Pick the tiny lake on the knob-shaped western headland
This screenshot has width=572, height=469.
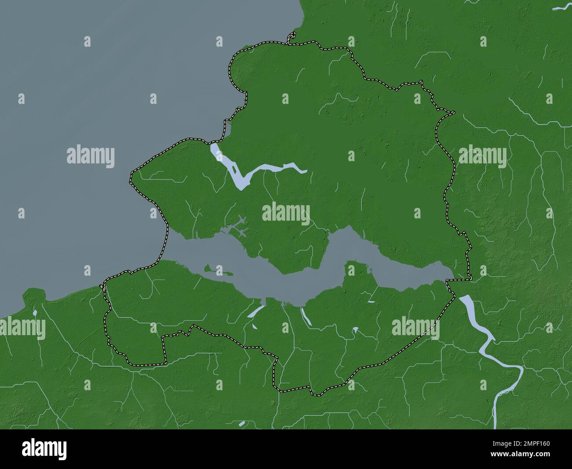tap(34, 313)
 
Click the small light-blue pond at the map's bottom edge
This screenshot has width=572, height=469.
tap(242, 424)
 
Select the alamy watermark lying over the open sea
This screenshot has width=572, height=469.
tap(91, 157)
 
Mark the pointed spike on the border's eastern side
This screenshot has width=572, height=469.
tap(451, 113)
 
